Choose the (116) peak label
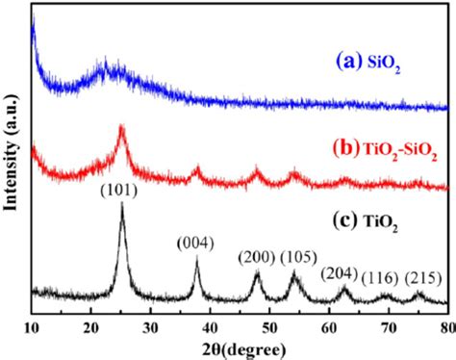[x=383, y=277]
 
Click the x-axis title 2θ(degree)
[x=238, y=348]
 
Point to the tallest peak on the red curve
[x=121, y=126]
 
